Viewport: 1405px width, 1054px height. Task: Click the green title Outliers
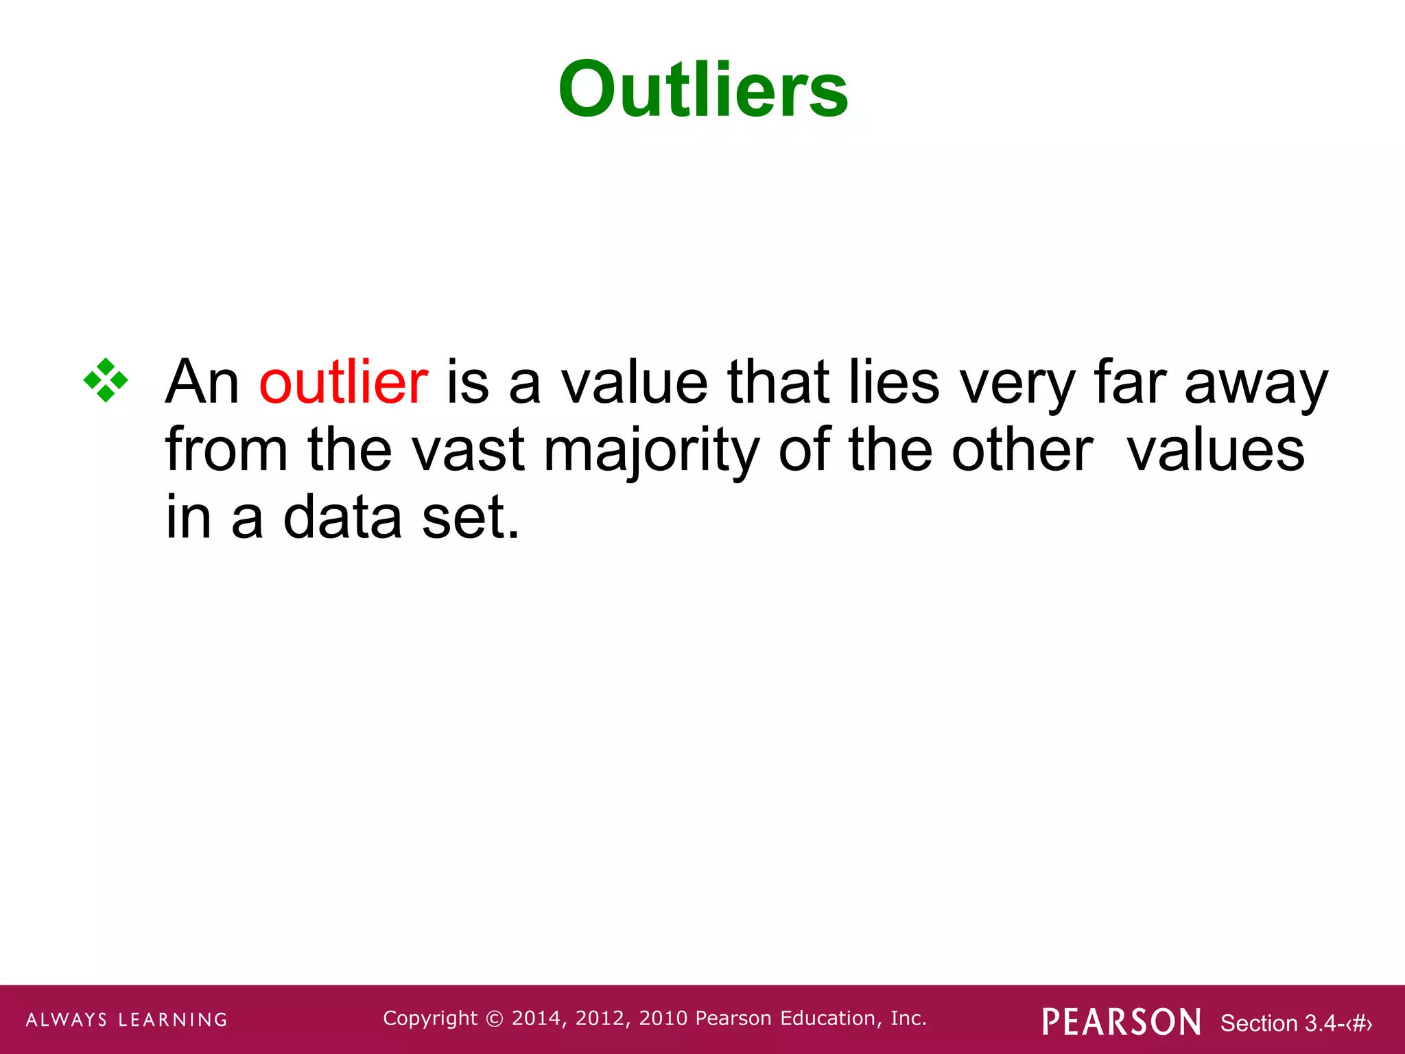pyautogui.click(x=703, y=90)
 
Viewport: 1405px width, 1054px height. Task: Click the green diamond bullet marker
pyautogui.click(x=106, y=380)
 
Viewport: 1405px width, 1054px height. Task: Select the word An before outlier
pyautogui.click(x=202, y=382)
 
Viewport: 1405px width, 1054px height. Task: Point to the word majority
pyautogui.click(x=652, y=451)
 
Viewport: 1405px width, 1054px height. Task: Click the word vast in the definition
pyautogui.click(x=468, y=451)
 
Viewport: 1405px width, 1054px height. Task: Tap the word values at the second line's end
pyautogui.click(x=1216, y=451)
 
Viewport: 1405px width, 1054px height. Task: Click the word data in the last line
pyautogui.click(x=342, y=517)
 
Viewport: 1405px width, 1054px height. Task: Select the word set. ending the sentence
pyautogui.click(x=471, y=517)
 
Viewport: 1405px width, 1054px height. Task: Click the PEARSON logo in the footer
pyautogui.click(x=1122, y=1022)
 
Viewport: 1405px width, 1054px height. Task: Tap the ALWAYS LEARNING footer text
pyautogui.click(x=127, y=1020)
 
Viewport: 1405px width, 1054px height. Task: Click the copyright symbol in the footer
pyautogui.click(x=494, y=1019)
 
